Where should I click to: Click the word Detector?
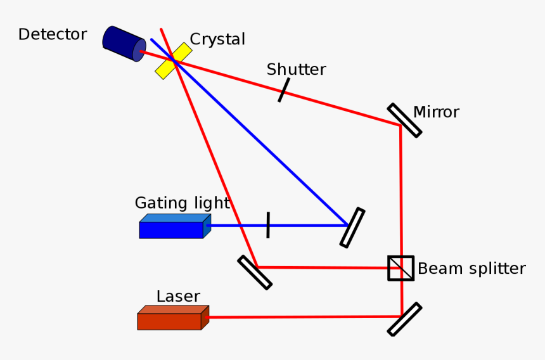pos(52,34)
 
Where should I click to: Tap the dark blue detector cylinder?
pos(124,44)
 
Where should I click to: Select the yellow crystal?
pos(174,61)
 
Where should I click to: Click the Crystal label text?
pos(217,39)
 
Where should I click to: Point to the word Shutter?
pos(296,69)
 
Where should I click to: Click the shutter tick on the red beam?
pos(283,90)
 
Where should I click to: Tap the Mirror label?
pos(436,112)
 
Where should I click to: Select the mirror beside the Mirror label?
pos(404,120)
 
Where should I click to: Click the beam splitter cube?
pos(401,268)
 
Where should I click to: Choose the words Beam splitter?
pos(471,269)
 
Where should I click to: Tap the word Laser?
pos(178,297)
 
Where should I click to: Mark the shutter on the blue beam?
pos(268,225)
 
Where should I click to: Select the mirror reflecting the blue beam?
pos(352,227)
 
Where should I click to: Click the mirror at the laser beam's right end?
pos(404,319)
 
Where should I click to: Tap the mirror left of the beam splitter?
pos(255,273)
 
